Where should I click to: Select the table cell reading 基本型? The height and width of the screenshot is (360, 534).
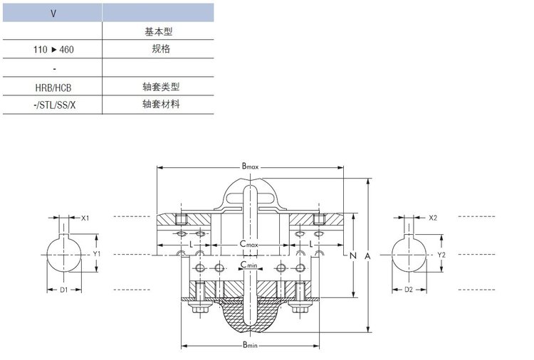158,31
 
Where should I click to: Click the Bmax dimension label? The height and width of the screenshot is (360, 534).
249,166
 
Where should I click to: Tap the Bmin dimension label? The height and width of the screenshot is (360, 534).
249,346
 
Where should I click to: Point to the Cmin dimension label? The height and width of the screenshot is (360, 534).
248,265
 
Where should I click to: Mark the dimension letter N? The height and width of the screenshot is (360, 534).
352,254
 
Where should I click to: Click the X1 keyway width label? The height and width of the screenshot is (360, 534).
85,218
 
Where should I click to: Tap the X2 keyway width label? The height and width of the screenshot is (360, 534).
433,218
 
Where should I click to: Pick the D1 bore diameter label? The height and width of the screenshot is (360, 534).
63,290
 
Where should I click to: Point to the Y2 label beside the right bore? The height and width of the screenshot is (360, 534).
441,254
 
